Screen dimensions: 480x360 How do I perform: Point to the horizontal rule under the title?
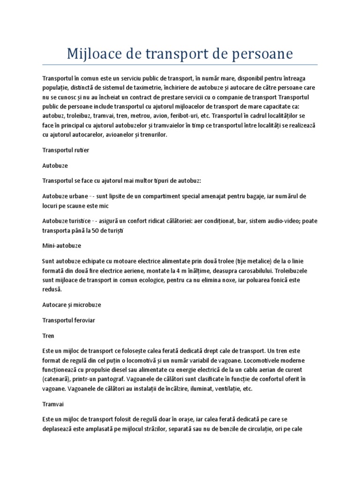[180, 65]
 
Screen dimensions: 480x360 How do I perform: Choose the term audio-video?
[274, 221]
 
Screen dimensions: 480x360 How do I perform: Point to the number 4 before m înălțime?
[193, 270]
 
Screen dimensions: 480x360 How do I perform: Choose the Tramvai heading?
[52, 404]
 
